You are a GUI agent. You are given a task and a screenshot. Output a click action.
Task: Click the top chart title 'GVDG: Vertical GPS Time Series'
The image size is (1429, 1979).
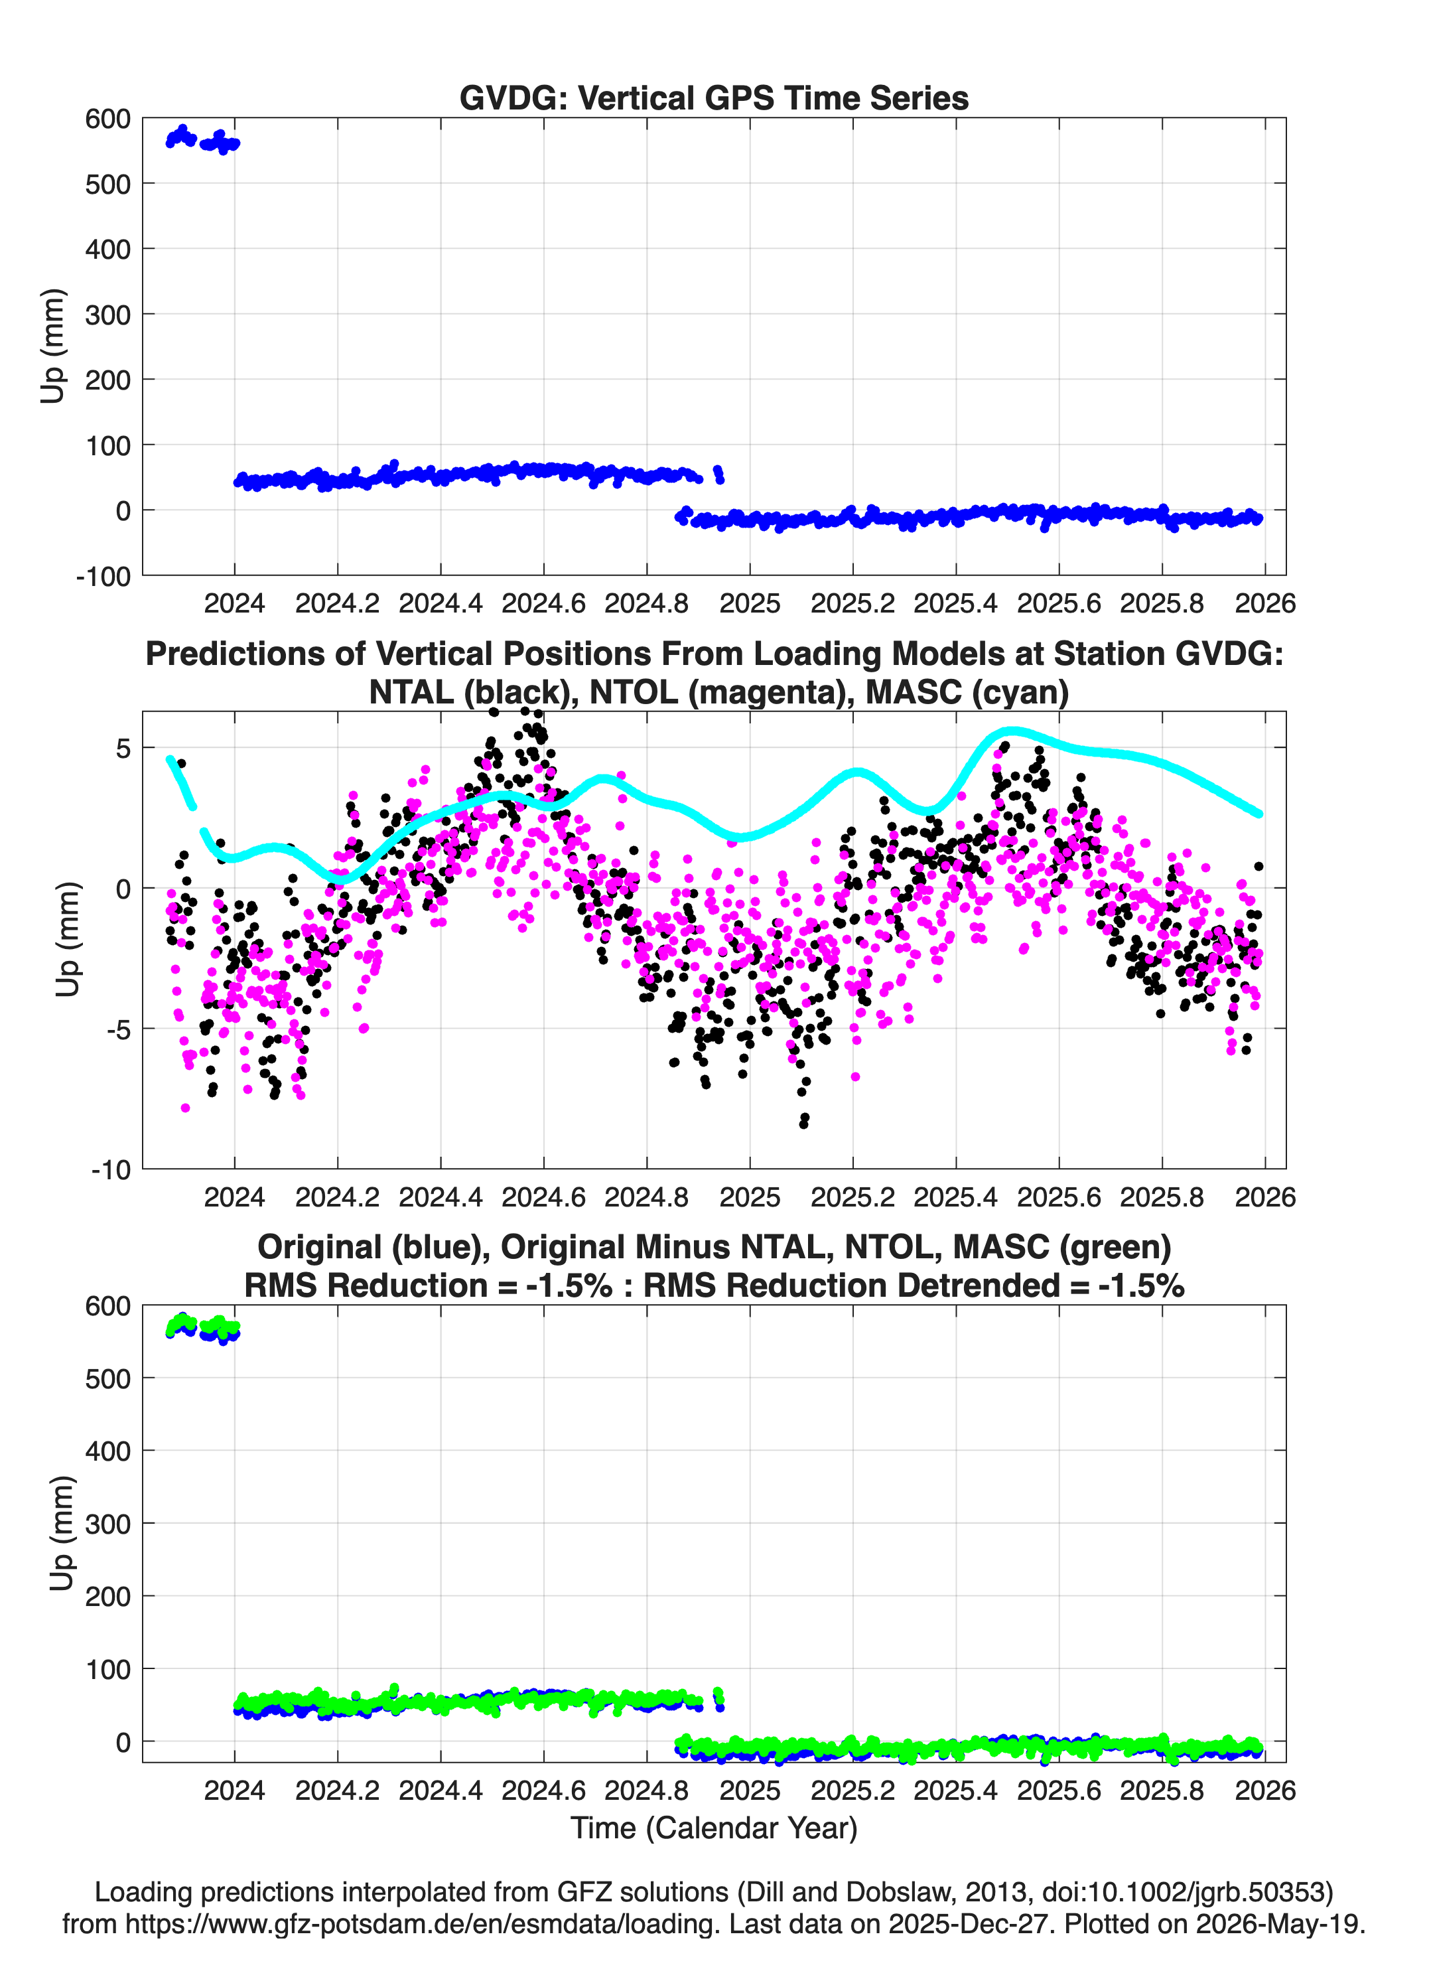(714, 98)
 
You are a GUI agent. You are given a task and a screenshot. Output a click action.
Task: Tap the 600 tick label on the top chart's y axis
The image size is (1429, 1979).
(108, 119)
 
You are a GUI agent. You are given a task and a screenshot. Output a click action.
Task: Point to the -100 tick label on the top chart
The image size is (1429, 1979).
(103, 577)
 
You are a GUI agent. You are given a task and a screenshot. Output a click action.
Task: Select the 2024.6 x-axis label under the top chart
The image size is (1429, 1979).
(543, 603)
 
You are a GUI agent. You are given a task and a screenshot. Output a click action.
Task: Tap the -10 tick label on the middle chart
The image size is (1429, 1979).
(111, 1170)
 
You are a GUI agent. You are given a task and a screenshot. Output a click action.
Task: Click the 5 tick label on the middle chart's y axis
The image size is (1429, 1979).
(123, 748)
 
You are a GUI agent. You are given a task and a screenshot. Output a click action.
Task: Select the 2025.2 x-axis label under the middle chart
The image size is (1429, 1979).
(852, 1197)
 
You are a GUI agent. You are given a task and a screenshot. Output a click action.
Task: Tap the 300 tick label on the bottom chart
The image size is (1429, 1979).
(108, 1524)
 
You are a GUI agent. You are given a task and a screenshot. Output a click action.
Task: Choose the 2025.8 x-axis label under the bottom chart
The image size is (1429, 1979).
(1161, 1791)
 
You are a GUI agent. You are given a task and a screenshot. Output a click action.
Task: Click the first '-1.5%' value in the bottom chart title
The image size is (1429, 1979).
(569, 1285)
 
